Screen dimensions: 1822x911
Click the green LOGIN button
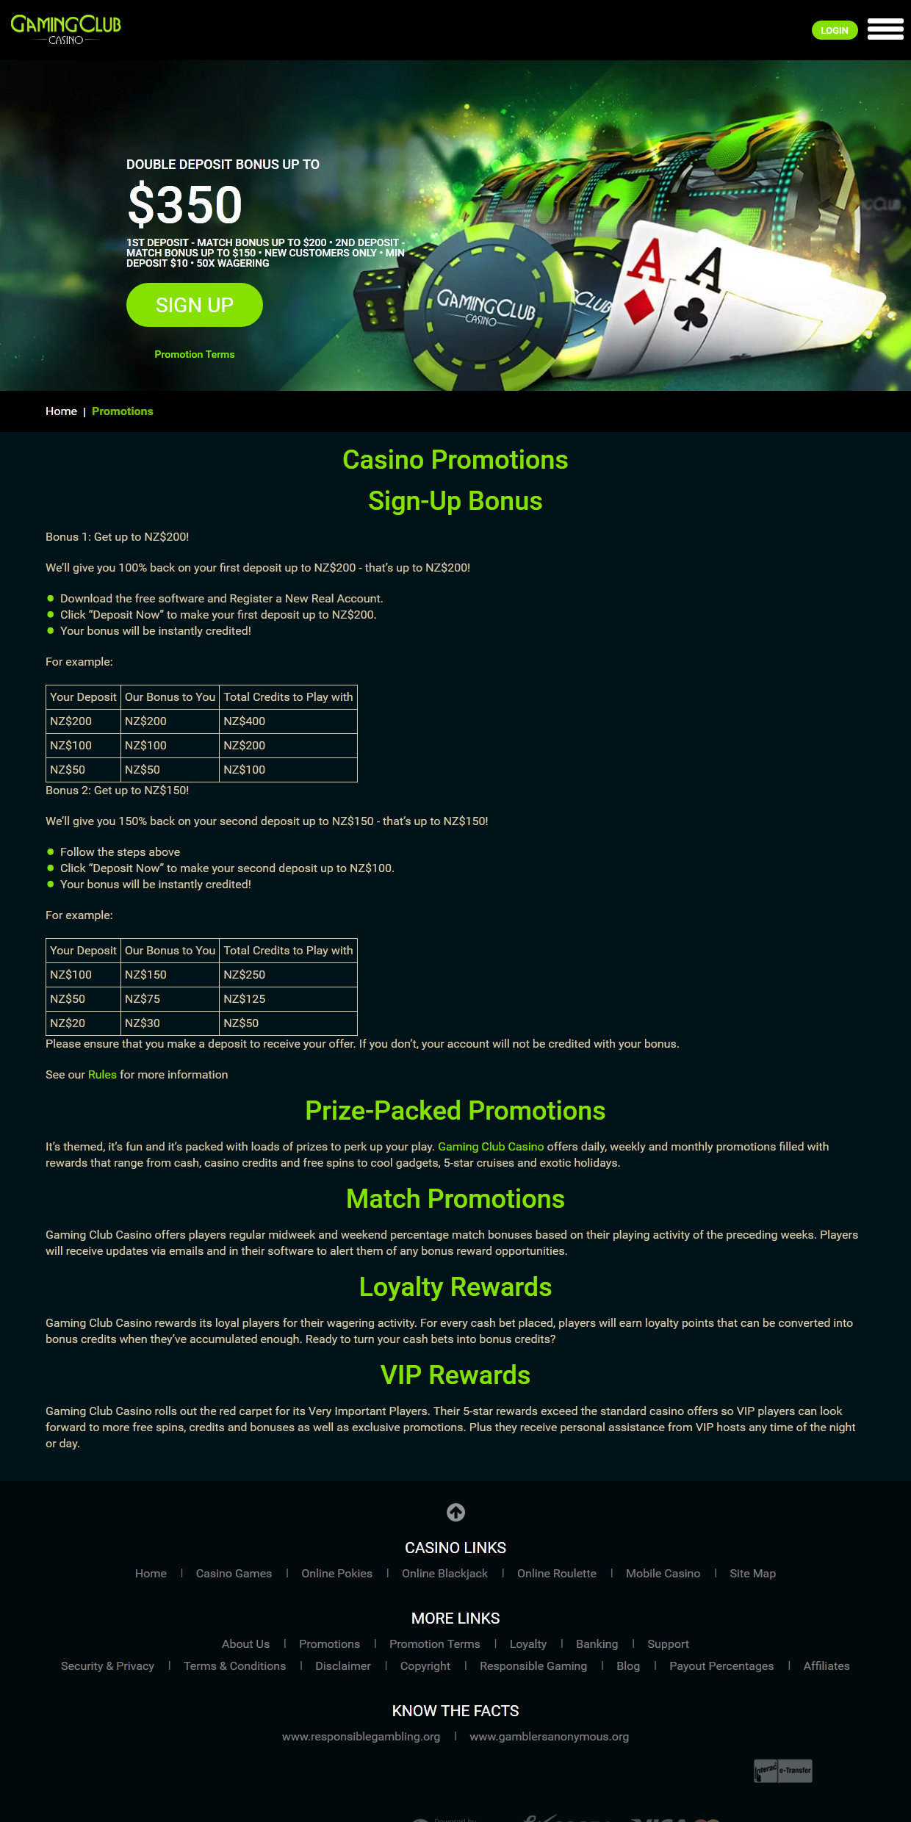pyautogui.click(x=834, y=30)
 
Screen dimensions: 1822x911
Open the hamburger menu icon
pyautogui.click(x=885, y=29)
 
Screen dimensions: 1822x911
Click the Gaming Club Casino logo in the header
pyautogui.click(x=65, y=29)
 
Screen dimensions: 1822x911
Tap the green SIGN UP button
pyautogui.click(x=194, y=305)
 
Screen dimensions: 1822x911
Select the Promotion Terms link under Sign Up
pyautogui.click(x=194, y=354)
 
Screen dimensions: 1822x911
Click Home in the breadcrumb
pyautogui.click(x=61, y=411)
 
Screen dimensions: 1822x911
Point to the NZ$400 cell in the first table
pyautogui.click(x=245, y=721)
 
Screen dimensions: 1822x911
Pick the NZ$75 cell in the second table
pyautogui.click(x=143, y=999)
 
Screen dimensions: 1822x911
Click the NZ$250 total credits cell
pyautogui.click(x=245, y=975)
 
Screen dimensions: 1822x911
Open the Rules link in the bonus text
pyautogui.click(x=102, y=1075)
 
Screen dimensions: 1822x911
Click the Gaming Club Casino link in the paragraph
pyautogui.click(x=491, y=1147)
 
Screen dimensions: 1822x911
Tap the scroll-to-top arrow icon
pyautogui.click(x=455, y=1512)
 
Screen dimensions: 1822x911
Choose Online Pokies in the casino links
pyautogui.click(x=336, y=1574)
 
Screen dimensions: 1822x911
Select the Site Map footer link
pyautogui.click(x=752, y=1574)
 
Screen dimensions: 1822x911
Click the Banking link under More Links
pyautogui.click(x=597, y=1644)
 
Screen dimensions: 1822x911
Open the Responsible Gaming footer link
pyautogui.click(x=533, y=1666)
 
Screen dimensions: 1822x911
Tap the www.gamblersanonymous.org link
pyautogui.click(x=549, y=1737)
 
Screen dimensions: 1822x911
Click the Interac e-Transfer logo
pyautogui.click(x=783, y=1771)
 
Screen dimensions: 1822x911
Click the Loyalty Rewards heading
pyautogui.click(x=455, y=1287)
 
